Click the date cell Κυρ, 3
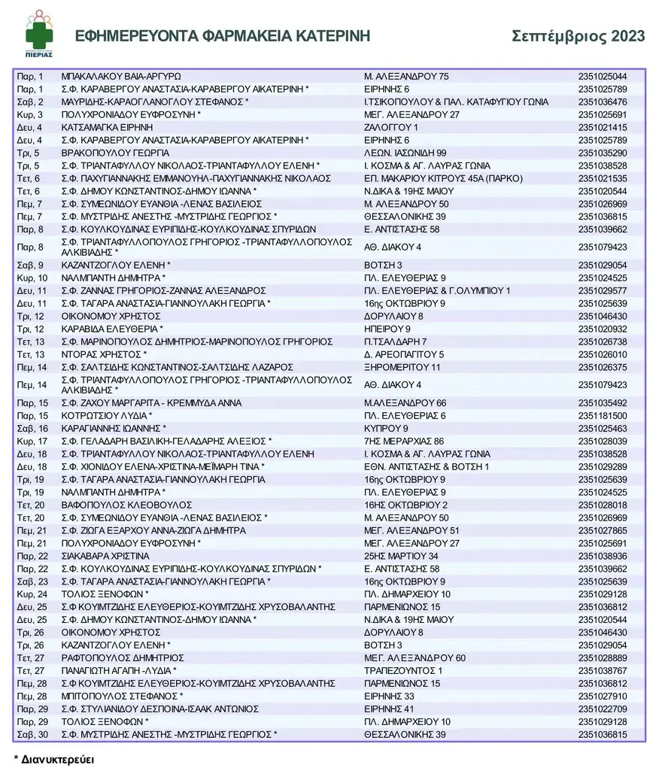tap(31, 114)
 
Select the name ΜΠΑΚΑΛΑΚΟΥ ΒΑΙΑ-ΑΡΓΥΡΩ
tap(121, 76)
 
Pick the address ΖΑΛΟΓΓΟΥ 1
tap(390, 127)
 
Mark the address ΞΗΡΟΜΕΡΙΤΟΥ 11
tap(402, 367)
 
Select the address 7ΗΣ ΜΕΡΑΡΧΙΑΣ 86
tap(404, 441)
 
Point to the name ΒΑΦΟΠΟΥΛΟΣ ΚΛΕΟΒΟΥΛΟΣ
tap(119, 505)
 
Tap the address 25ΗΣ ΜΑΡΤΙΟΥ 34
tap(402, 556)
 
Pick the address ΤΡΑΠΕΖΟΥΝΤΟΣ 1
tap(403, 670)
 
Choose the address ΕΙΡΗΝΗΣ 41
tap(389, 709)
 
